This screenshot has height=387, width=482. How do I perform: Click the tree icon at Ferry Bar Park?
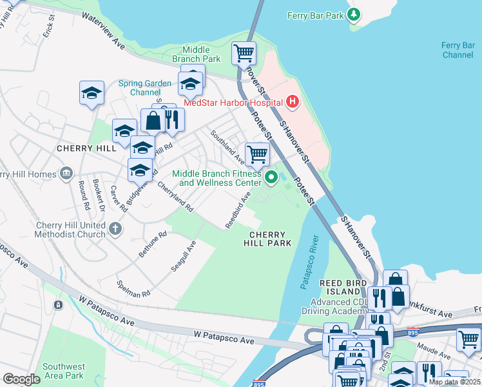tap(353, 14)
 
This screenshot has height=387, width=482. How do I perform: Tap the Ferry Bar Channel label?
tap(458, 50)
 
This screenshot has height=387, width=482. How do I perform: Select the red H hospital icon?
tap(293, 102)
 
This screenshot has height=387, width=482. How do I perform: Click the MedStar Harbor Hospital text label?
tap(233, 103)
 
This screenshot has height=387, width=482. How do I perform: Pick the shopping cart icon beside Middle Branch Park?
tap(244, 53)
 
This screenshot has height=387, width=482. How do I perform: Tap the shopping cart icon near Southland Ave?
tap(257, 154)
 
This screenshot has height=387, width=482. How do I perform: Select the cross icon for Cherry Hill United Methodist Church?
tap(115, 228)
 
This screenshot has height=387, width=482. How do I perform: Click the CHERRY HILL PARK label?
tap(267, 239)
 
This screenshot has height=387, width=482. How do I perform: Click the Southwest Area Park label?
tap(63, 371)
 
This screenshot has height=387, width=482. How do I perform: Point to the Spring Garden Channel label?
tap(145, 88)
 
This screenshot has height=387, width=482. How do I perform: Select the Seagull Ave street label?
tap(182, 256)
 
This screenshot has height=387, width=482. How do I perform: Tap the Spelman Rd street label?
tap(133, 288)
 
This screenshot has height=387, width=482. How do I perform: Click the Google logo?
tap(21, 379)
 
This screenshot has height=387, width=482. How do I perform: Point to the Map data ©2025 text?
tap(454, 382)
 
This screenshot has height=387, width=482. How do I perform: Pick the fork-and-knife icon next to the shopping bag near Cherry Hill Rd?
tap(172, 119)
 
